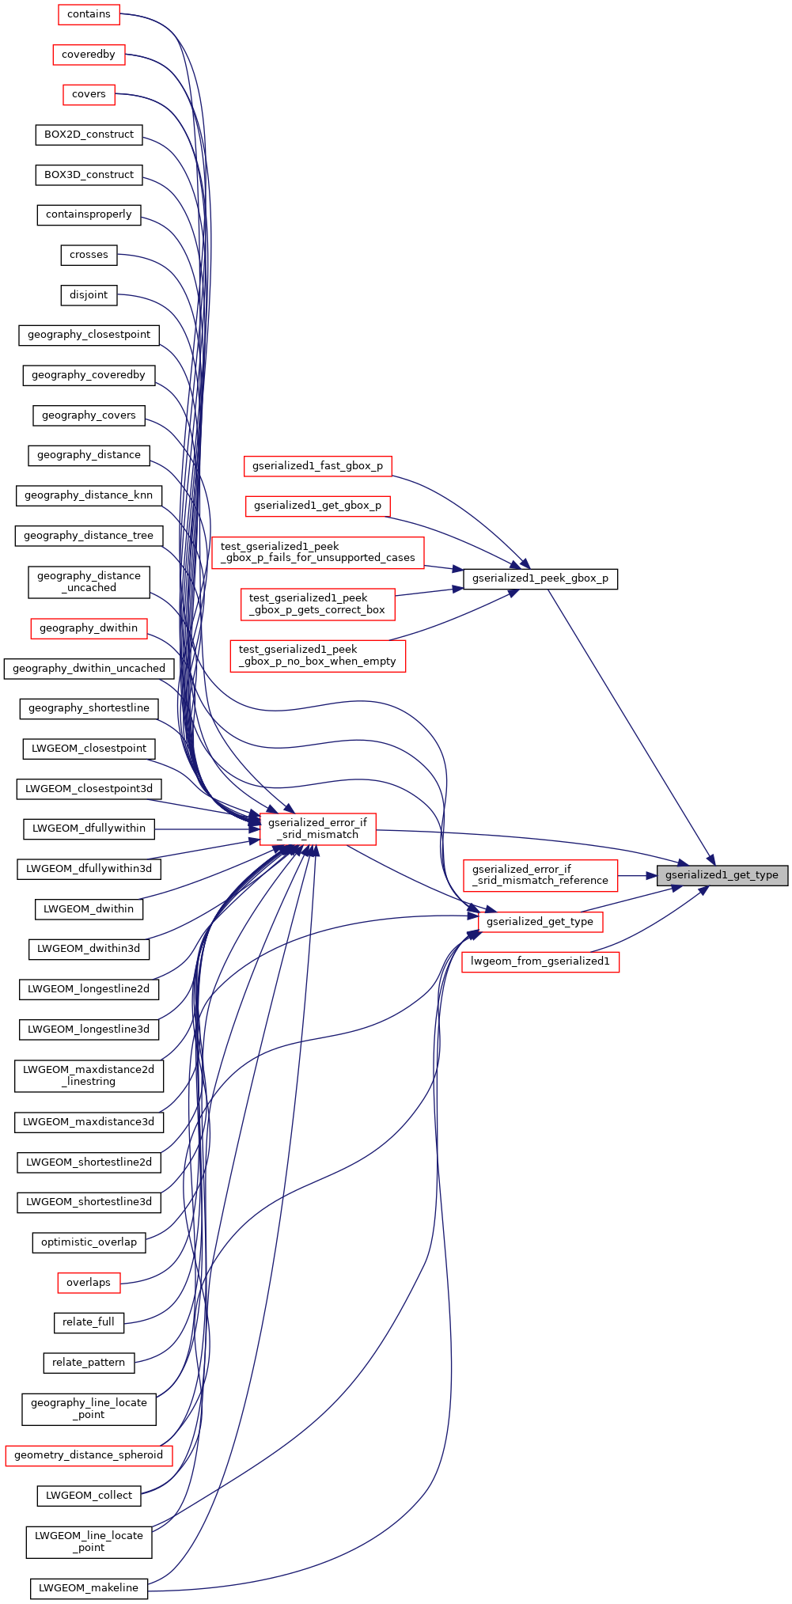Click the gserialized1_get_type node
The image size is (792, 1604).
click(722, 875)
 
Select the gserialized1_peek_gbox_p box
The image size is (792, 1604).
click(540, 578)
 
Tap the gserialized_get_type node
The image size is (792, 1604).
click(540, 922)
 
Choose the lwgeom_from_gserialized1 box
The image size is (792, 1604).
click(540, 962)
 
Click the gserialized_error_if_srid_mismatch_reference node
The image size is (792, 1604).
click(540, 875)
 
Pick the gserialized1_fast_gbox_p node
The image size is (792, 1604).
click(317, 466)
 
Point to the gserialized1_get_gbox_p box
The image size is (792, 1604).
click(317, 506)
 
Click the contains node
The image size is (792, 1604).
click(89, 14)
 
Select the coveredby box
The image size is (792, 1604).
click(89, 55)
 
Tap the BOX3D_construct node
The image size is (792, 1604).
click(89, 175)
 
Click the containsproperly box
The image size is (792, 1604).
click(89, 214)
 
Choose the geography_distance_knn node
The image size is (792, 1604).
click(89, 495)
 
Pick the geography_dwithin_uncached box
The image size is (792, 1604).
click(89, 669)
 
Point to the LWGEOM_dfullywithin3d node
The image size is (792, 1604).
click(89, 869)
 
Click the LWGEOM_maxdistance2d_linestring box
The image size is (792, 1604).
click(89, 1075)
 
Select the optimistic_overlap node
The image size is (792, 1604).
click(89, 1242)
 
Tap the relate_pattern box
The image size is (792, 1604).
click(89, 1363)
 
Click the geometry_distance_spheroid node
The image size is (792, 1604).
click(89, 1455)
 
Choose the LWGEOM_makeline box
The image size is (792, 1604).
click(89, 1588)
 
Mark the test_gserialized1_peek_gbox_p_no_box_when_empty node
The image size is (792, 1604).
click(317, 655)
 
